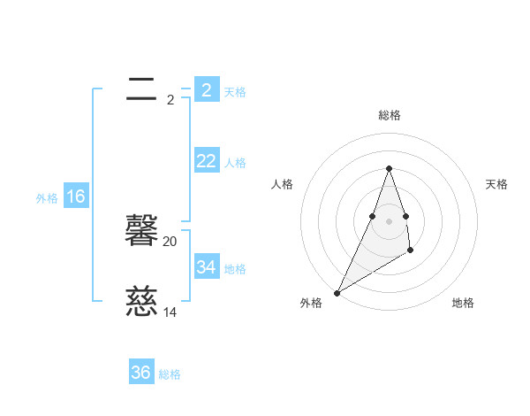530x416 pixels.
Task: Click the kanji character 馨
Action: [x=141, y=233]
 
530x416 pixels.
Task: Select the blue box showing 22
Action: [x=206, y=161]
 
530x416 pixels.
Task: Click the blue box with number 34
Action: [x=206, y=267]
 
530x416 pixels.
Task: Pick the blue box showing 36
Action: [x=141, y=373]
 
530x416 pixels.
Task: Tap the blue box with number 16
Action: [x=76, y=196]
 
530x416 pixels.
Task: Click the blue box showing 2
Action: [x=206, y=90]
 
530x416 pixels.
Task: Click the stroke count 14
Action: [x=170, y=312]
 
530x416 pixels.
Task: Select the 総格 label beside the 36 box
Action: [x=170, y=374]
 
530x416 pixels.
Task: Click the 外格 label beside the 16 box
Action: [x=47, y=198]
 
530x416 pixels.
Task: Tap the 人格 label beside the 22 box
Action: [x=235, y=163]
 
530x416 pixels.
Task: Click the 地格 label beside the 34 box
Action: [x=235, y=269]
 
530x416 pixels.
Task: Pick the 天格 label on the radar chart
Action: [x=496, y=184]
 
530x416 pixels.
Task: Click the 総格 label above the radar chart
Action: [x=389, y=115]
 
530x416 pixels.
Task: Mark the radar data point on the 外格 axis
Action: [x=337, y=293]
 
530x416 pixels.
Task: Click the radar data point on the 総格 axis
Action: [x=389, y=168]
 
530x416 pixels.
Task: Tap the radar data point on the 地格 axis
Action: [x=411, y=251]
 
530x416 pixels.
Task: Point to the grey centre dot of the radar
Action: [x=389, y=220]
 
